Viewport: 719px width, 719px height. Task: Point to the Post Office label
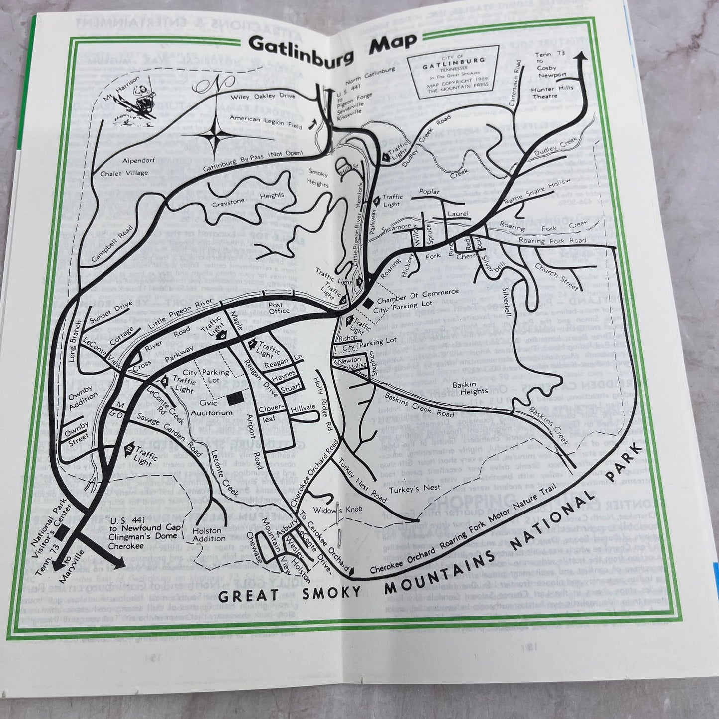click(x=279, y=308)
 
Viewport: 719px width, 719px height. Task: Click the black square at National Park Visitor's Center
click(x=61, y=532)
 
